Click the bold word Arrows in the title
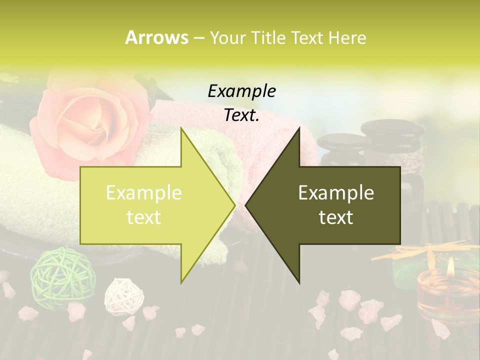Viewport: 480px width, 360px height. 156,37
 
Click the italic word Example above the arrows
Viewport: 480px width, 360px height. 241,91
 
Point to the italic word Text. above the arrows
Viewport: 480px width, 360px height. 241,115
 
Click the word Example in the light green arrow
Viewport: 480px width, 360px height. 144,192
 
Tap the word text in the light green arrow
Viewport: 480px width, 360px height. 144,217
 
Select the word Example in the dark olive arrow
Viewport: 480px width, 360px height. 336,192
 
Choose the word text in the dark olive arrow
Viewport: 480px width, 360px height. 336,217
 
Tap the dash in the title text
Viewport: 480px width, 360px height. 198,37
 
